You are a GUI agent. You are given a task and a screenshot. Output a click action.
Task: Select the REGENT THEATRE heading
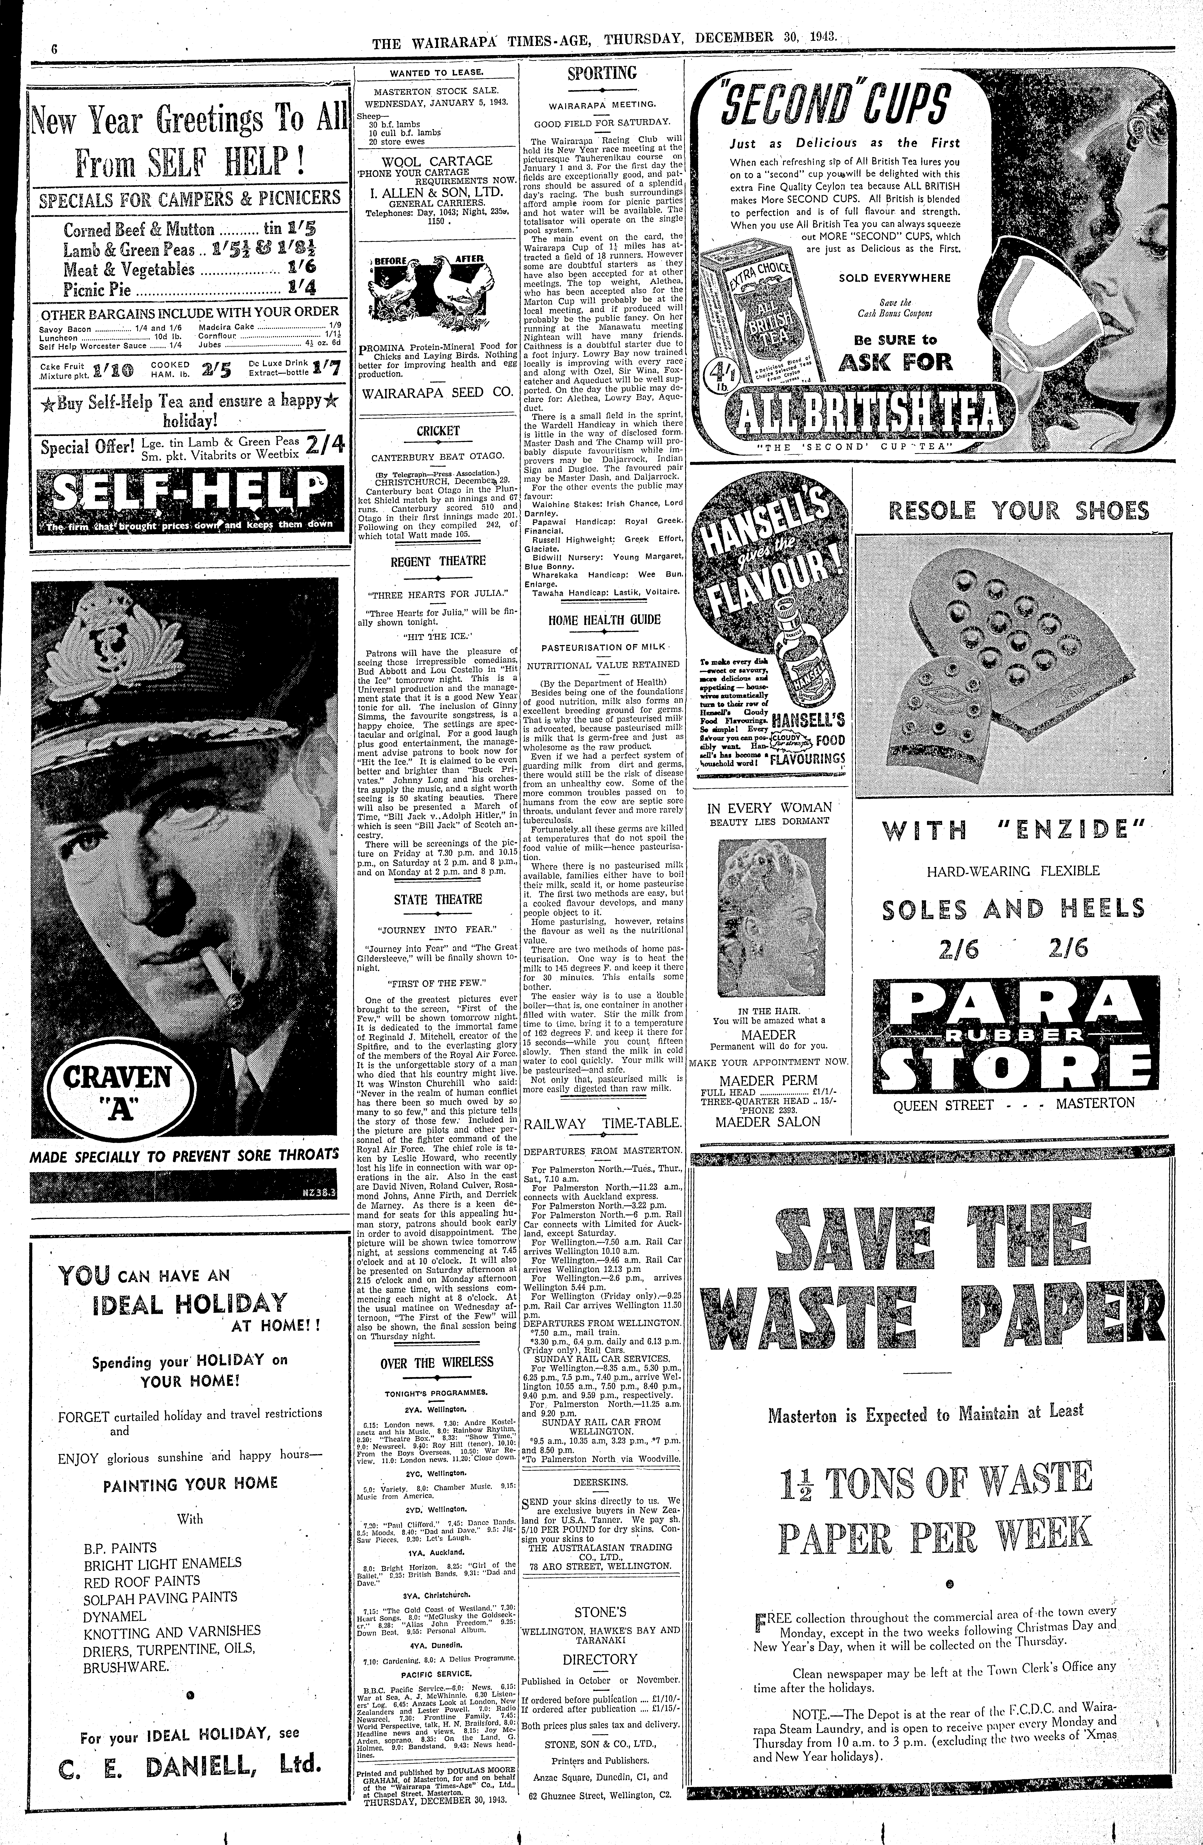point(438,561)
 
